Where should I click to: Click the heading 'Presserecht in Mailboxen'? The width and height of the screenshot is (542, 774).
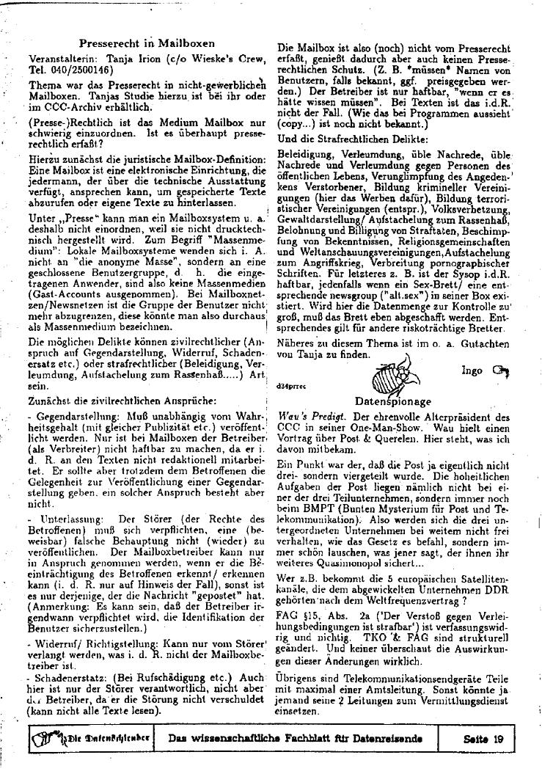[x=146, y=43]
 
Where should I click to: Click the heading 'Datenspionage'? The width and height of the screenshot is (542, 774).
[x=392, y=402]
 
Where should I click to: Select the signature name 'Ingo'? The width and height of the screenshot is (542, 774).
[x=472, y=370]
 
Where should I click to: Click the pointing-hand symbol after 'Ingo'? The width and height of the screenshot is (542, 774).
[x=501, y=370]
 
